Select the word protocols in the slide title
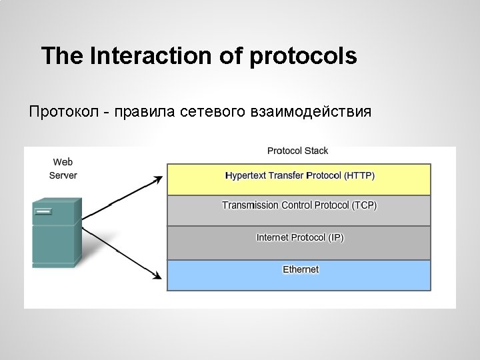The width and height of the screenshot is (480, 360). pos(303,56)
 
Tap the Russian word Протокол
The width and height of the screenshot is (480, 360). pos(63,111)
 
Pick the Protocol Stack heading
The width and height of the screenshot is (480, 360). pos(297,151)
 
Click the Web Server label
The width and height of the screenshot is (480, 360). pos(63,169)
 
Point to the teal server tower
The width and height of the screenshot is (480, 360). pos(57,233)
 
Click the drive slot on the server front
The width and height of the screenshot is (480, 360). pos(43,211)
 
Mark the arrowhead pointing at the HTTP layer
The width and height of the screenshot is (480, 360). pos(159,179)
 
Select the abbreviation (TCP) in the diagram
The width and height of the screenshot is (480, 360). pos(363,205)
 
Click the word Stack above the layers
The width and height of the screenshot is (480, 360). pos(315,151)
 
